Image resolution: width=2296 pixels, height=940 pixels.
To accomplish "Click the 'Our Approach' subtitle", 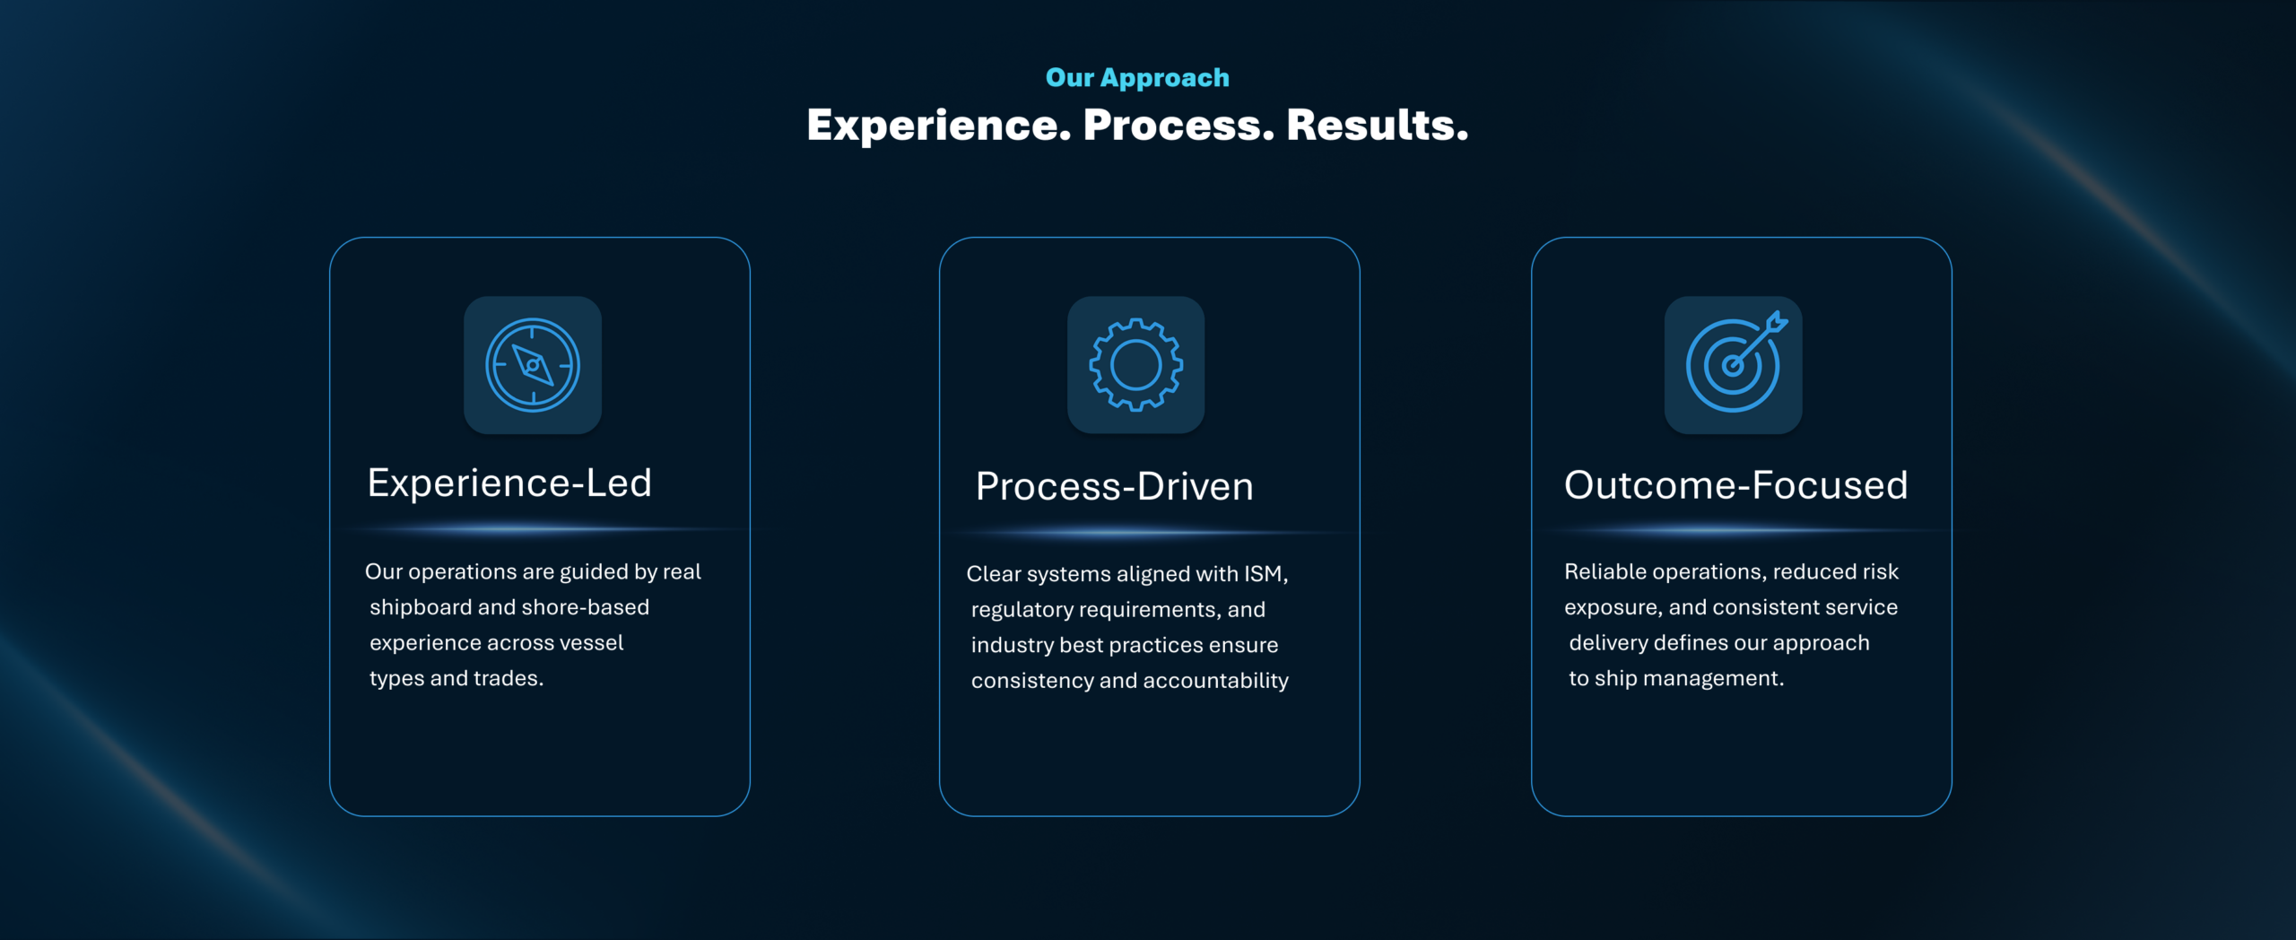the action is coord(1137,78).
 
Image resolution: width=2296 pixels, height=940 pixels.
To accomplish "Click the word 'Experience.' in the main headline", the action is coord(939,125).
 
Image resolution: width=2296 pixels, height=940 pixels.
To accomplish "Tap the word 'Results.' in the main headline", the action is coord(1378,125).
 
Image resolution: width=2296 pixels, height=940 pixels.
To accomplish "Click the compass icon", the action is coord(533,365).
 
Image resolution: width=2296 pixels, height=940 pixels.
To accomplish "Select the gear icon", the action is coord(1136,365).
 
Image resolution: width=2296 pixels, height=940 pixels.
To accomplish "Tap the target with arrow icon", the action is coord(1736,362).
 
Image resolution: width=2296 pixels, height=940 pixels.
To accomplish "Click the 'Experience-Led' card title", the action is coord(509,483).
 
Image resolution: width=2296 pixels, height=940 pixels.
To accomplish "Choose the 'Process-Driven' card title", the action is coord(1115,487).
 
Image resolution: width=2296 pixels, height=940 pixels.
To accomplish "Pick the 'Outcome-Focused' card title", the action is coord(1736,485).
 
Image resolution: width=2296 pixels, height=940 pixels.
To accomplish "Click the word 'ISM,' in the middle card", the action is coord(1265,574).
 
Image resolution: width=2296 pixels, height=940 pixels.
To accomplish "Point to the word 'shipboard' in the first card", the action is coord(421,608).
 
